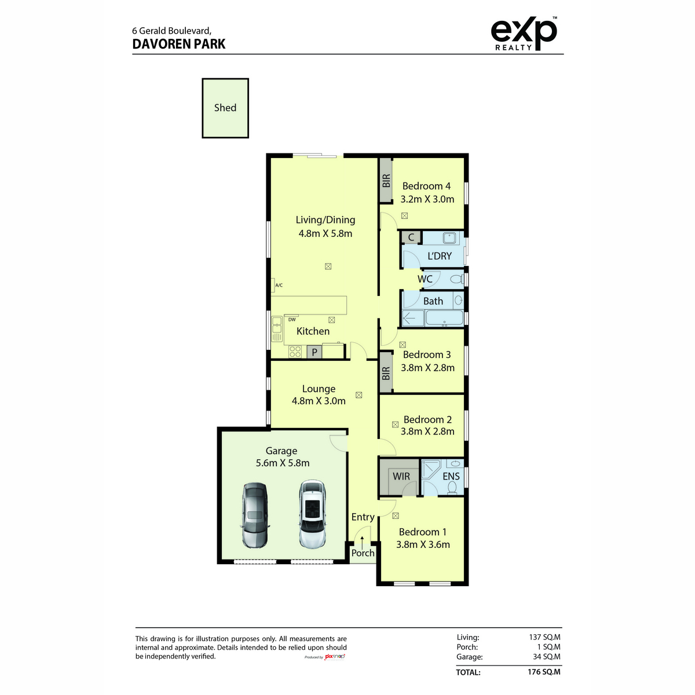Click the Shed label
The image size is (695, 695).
pyautogui.click(x=225, y=108)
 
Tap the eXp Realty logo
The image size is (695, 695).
pyautogui.click(x=524, y=34)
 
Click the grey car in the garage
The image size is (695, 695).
pyautogui.click(x=255, y=515)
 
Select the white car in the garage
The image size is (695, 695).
pyautogui.click(x=313, y=514)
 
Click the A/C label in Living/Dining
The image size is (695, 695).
pyautogui.click(x=279, y=286)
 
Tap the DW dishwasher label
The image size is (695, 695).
pyautogui.click(x=292, y=319)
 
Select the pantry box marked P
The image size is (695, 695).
pyautogui.click(x=314, y=352)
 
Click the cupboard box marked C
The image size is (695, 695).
pyautogui.click(x=411, y=237)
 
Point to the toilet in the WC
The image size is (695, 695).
pyautogui.click(x=456, y=279)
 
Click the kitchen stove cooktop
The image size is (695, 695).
pyautogui.click(x=295, y=352)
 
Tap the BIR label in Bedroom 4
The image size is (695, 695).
pyautogui.click(x=386, y=181)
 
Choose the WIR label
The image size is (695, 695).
pyautogui.click(x=401, y=476)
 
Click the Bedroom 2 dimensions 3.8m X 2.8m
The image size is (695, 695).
pyautogui.click(x=427, y=431)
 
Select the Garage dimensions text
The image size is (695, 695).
pyautogui.click(x=283, y=463)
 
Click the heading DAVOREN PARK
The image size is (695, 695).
pyautogui.click(x=179, y=44)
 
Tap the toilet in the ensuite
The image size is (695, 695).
pyautogui.click(x=452, y=488)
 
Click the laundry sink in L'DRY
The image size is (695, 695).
pyautogui.click(x=449, y=238)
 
